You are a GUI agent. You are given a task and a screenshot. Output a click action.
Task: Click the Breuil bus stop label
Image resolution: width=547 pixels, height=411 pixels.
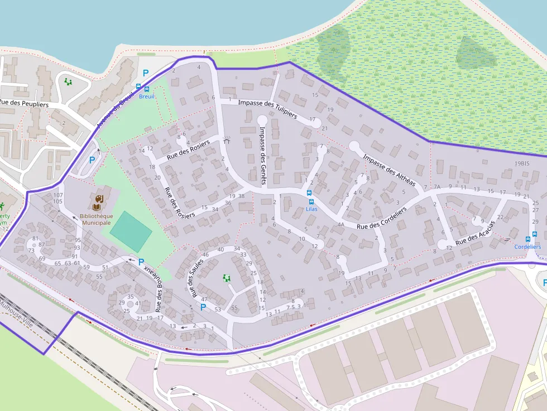click(x=146, y=96)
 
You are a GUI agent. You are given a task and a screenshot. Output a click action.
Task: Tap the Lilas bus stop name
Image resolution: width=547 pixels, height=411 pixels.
click(x=311, y=209)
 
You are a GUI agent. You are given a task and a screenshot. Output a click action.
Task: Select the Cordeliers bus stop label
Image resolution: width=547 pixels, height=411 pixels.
click(x=527, y=246)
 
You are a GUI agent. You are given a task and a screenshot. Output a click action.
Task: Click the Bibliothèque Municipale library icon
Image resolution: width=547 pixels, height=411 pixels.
click(x=99, y=200)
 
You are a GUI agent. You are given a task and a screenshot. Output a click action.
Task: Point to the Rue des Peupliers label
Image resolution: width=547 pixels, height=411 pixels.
click(x=24, y=104)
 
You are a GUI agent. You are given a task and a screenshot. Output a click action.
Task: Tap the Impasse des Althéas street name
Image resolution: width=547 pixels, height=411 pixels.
click(x=389, y=170)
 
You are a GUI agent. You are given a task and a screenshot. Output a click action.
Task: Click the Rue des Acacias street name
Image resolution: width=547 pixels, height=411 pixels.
click(x=475, y=233)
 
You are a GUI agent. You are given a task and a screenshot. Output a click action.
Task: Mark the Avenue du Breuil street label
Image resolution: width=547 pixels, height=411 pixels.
click(x=116, y=109)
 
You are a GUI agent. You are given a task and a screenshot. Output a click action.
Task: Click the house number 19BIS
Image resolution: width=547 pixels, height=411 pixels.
click(x=521, y=163)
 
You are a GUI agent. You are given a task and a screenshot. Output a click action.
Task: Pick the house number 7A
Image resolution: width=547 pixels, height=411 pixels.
click(x=438, y=187)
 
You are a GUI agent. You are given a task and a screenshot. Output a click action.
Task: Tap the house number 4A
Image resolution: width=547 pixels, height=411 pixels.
click(x=341, y=225)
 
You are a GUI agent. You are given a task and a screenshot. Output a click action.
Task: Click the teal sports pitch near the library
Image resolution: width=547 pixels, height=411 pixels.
click(x=131, y=231)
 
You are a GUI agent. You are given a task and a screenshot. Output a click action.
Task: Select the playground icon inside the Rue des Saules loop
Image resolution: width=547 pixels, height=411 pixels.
click(x=227, y=278)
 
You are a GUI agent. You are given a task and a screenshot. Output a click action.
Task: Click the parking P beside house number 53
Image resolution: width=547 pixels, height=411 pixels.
click(x=203, y=307)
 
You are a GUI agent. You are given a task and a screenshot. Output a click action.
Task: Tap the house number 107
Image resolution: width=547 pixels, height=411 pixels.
click(x=58, y=195)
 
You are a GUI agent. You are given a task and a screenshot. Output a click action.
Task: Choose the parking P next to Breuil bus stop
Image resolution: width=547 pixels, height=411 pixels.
click(x=146, y=72)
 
